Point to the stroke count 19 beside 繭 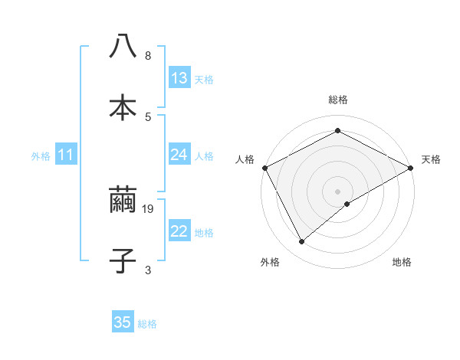(x=149, y=208)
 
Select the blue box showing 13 (x=179, y=78)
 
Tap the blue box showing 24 (x=179, y=155)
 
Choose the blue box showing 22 (x=179, y=231)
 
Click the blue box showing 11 (x=66, y=155)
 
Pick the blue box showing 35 (x=123, y=322)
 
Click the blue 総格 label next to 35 (x=147, y=324)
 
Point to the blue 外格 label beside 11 (x=41, y=156)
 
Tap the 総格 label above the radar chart (x=338, y=100)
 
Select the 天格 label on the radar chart (x=431, y=159)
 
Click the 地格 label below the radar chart (x=402, y=263)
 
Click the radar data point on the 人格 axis (x=264, y=167)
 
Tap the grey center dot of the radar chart (x=338, y=191)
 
